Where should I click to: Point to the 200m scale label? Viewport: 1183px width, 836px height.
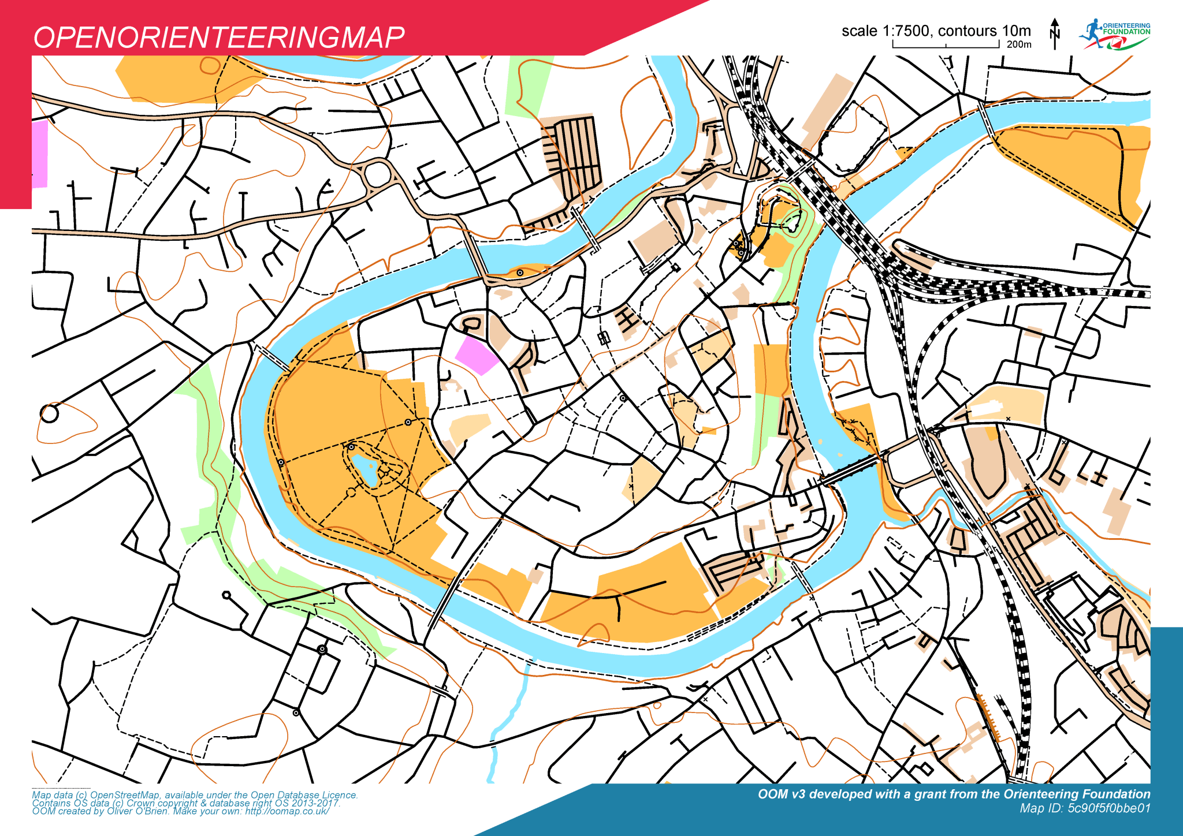pyautogui.click(x=1019, y=44)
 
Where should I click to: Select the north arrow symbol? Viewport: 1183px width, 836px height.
pyautogui.click(x=1055, y=33)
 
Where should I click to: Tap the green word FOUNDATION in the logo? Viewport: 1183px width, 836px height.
pyautogui.click(x=1126, y=32)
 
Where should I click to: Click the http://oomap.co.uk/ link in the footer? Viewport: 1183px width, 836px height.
pyautogui.click(x=287, y=811)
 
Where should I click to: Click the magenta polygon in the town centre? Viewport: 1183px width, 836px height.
pyautogui.click(x=476, y=355)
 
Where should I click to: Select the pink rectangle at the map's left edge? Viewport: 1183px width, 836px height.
pyautogui.click(x=39, y=154)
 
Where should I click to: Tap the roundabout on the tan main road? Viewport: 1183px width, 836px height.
pyautogui.click(x=378, y=174)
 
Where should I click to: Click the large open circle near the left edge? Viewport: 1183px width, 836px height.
pyautogui.click(x=49, y=413)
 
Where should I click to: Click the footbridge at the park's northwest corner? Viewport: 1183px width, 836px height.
pyautogui.click(x=271, y=358)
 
